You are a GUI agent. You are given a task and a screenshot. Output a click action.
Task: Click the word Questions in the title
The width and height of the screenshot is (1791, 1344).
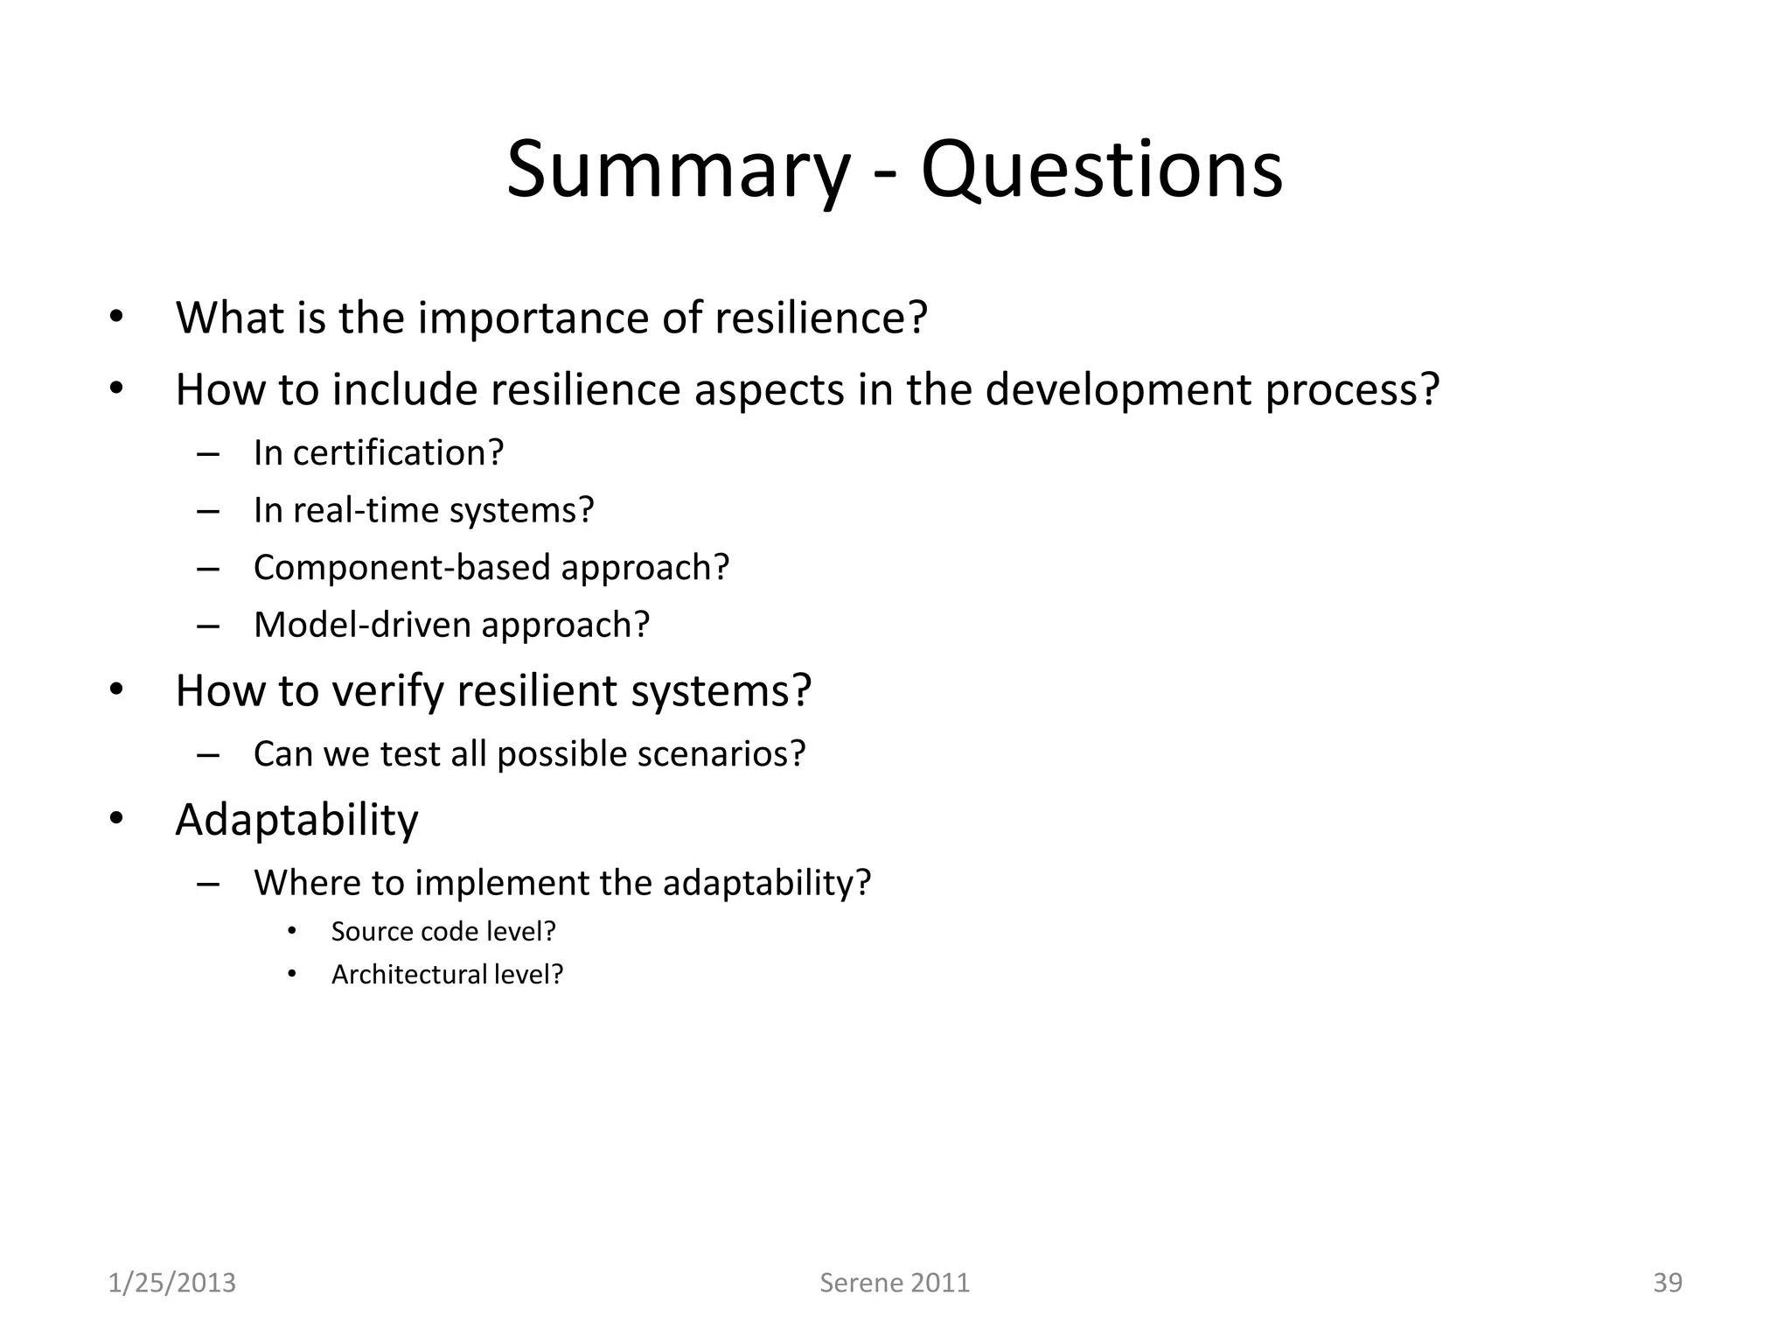click(1102, 171)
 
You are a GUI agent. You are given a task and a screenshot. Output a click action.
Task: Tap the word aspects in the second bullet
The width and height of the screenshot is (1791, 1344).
click(769, 390)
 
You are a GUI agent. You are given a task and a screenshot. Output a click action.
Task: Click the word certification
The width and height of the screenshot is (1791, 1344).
click(398, 453)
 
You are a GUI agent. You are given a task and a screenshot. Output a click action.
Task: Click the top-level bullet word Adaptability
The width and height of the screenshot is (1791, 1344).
click(296, 821)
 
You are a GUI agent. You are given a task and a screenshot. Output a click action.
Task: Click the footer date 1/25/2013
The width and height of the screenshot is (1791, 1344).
click(171, 1283)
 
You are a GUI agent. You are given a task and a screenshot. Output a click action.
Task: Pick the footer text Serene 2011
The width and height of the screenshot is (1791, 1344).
click(895, 1283)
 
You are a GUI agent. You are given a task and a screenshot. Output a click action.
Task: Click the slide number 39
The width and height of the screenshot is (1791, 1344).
click(1667, 1283)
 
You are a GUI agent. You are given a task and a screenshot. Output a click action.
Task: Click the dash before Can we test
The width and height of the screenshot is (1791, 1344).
click(208, 754)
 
